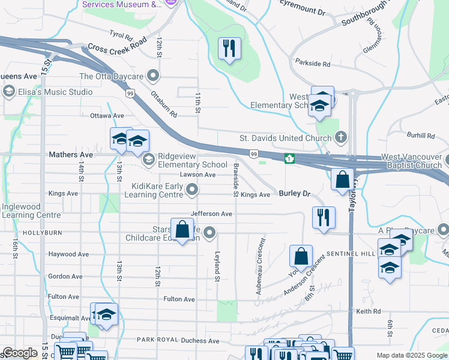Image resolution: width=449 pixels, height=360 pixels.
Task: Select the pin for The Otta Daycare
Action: pos(154,76)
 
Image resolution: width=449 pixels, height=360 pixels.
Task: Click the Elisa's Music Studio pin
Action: pos(8,92)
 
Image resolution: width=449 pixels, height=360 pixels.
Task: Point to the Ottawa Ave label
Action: pos(107,116)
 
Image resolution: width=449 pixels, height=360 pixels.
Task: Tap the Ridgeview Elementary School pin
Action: pos(148,160)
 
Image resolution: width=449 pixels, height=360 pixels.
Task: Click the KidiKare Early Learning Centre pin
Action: pos(192,190)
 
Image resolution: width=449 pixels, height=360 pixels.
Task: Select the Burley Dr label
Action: pos(294,194)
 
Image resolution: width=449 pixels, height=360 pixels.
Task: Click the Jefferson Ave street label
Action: pos(211,214)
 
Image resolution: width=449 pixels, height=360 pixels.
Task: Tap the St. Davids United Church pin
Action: pos(341,138)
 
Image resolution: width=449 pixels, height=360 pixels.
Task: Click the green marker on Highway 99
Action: pos(289,158)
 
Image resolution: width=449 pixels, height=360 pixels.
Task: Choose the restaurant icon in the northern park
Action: pos(229,49)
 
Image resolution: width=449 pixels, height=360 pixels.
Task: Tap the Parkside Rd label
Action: pos(313,63)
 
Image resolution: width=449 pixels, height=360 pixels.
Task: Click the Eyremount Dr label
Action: pos(303,12)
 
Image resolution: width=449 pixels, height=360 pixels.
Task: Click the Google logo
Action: pos(20,353)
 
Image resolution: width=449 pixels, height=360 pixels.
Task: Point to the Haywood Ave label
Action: pos(69,254)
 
